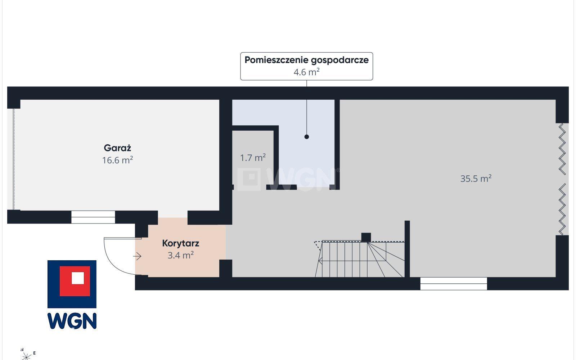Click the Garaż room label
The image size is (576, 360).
(117, 148)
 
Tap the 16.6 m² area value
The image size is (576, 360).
(117, 160)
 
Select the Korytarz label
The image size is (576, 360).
(180, 243)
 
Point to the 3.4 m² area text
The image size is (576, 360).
(180, 255)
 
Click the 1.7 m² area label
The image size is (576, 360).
(253, 158)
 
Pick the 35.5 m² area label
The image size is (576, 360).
(476, 179)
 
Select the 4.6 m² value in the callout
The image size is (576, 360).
(306, 72)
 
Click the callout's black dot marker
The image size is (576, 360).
(306, 137)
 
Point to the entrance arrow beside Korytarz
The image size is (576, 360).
(137, 256)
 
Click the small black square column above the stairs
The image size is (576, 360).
(366, 237)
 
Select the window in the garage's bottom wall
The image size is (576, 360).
(93, 217)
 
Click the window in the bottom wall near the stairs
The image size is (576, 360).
(454, 284)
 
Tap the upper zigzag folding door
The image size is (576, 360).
(562, 149)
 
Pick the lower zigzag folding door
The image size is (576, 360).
(562, 209)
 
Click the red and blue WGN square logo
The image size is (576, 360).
(72, 284)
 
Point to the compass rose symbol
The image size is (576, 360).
(27, 356)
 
